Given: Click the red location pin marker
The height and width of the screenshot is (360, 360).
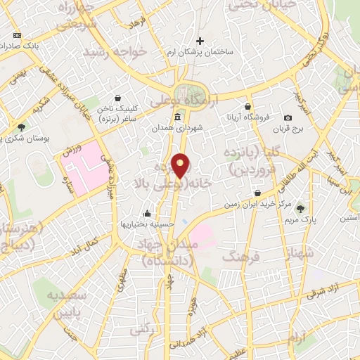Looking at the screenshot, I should (181, 165).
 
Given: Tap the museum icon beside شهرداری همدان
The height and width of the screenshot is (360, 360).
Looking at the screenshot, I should (177, 117).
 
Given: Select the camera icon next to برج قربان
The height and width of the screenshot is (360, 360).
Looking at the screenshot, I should (288, 117).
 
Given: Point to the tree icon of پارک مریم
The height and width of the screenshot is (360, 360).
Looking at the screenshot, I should (301, 208).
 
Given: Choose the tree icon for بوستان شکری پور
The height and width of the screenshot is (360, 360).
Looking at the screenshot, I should (22, 128).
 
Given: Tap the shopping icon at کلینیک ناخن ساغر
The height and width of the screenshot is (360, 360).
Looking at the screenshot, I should (117, 98).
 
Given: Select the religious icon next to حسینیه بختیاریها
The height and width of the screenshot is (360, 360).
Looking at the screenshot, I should (147, 214).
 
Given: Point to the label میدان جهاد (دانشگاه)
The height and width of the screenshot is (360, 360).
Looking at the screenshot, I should (171, 252).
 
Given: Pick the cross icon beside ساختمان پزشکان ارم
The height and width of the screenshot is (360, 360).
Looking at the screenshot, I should (200, 41).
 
